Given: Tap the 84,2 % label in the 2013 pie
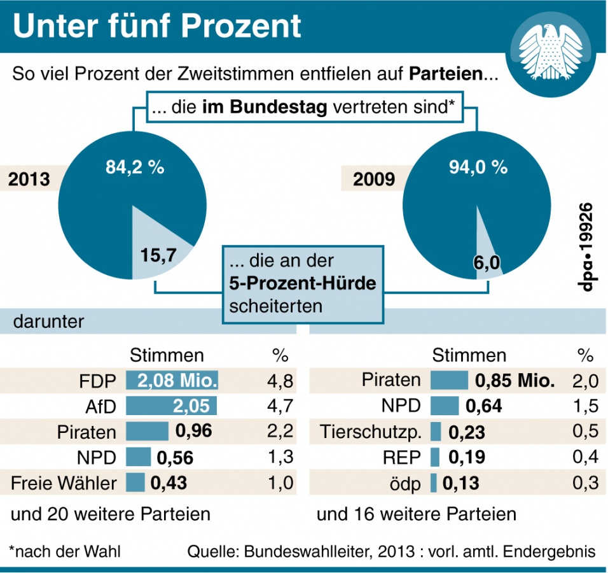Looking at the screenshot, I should [x=135, y=168].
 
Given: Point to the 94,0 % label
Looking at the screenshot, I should [x=478, y=168].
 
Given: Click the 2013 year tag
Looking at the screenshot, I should [x=29, y=180].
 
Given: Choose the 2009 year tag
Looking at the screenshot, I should [x=374, y=180].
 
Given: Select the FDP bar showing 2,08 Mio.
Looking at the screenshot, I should [x=172, y=381].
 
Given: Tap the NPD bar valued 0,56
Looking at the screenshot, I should [x=139, y=457].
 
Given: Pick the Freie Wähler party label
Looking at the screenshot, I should [x=64, y=483].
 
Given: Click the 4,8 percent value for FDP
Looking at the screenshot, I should [x=280, y=381].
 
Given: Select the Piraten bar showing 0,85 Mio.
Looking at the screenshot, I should [x=449, y=381].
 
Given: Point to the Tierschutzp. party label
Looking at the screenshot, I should [x=370, y=432].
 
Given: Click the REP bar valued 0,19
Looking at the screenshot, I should [x=436, y=457].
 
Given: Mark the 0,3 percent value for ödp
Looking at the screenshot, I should [x=584, y=483].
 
